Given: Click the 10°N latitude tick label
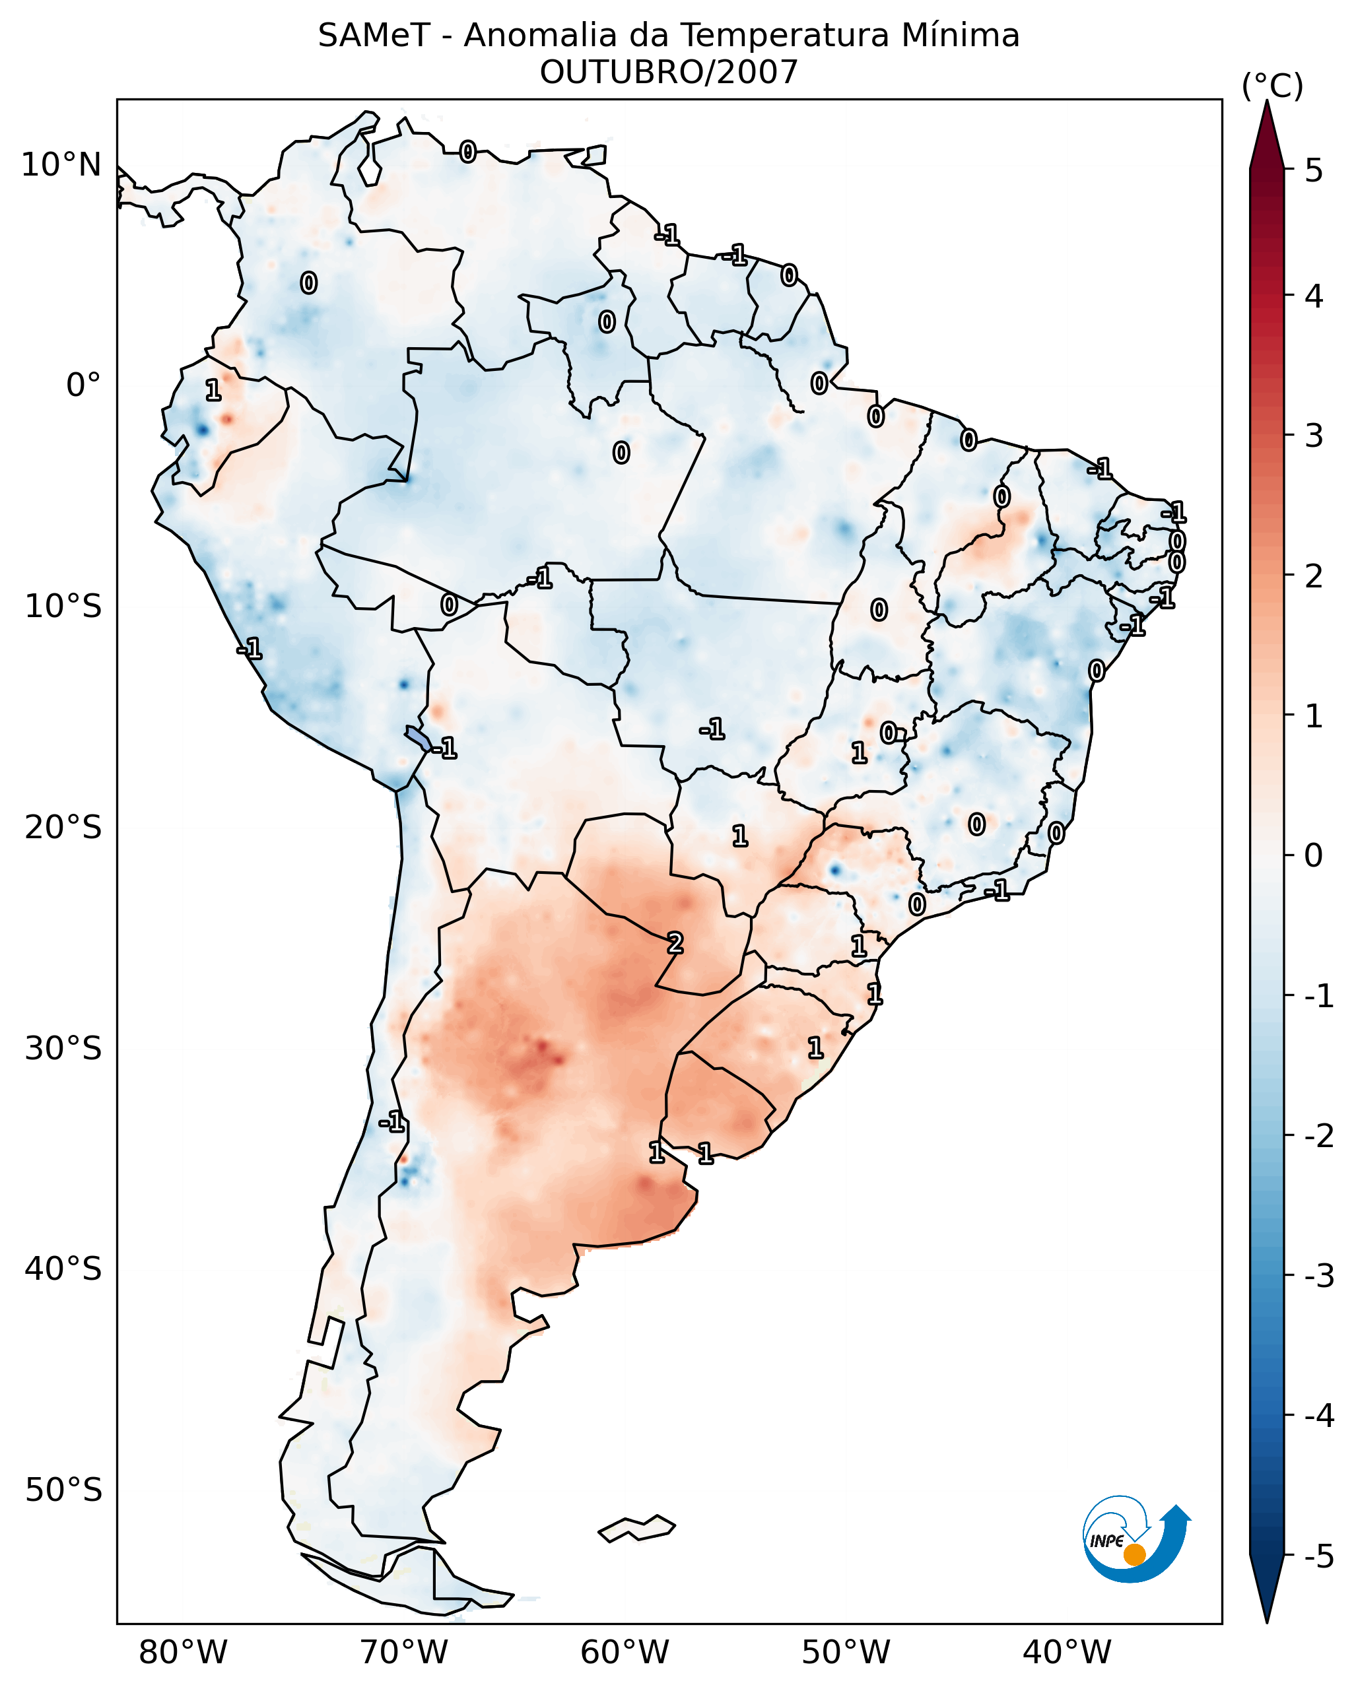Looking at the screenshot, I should (61, 165).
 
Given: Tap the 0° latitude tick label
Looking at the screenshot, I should (83, 385).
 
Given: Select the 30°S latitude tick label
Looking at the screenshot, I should (63, 1048).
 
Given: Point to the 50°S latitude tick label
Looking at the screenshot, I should (63, 1490).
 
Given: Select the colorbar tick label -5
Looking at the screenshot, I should (1318, 1556).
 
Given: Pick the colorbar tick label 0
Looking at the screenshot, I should (1314, 855).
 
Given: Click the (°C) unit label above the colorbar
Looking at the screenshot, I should (1272, 86).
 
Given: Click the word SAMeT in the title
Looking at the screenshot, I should (374, 36).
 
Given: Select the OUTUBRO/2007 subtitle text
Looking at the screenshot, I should (668, 73).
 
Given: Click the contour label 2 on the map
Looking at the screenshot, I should (675, 944).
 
